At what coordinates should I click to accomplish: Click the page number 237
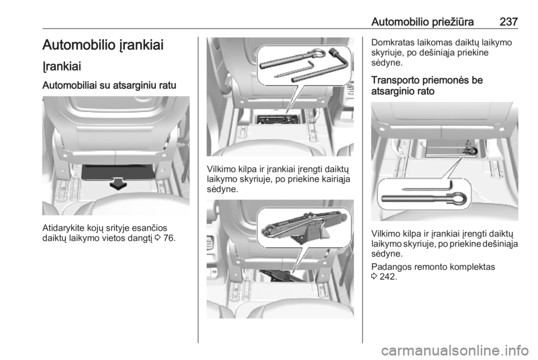tap(508, 22)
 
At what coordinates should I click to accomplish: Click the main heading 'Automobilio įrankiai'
tap(103, 45)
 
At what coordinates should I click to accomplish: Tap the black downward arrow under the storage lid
tap(118, 184)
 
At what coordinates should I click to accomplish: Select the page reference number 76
tap(169, 238)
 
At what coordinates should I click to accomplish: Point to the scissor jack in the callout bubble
tap(303, 228)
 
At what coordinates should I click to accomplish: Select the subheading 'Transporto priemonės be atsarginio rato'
tap(427, 85)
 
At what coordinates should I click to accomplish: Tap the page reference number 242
tap(388, 276)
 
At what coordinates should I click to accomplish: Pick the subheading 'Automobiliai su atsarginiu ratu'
tap(109, 85)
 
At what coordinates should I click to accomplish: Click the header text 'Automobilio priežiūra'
tap(423, 22)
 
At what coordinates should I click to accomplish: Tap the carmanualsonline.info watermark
tap(454, 350)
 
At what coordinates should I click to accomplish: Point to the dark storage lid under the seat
tap(118, 172)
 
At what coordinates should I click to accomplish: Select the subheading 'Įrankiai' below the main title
tap(62, 66)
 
